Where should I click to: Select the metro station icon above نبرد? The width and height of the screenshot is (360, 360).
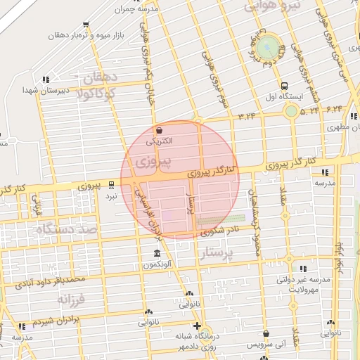tap(111, 186)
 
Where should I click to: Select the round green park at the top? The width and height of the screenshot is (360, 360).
tap(267, 49)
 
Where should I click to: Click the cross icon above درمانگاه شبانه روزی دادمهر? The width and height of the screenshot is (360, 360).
tap(198, 326)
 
